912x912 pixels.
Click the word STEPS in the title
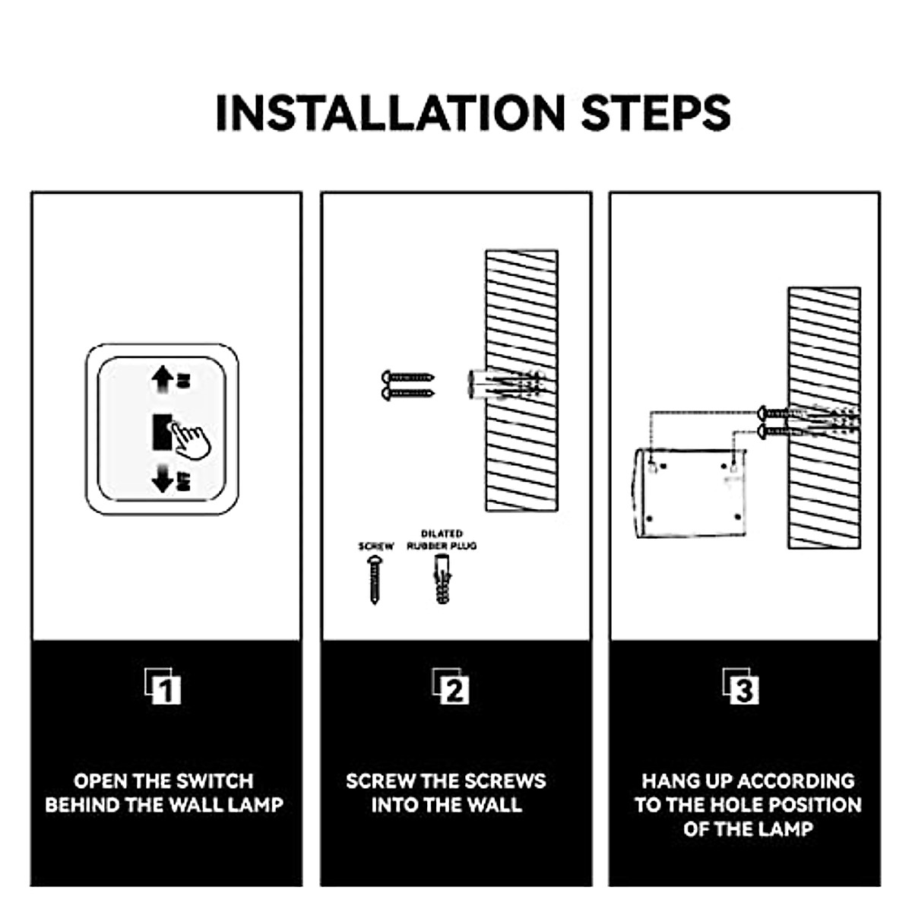point(655,114)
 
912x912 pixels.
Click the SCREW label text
point(376,546)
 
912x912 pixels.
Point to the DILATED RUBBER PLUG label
point(442,540)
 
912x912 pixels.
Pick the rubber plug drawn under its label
point(443,579)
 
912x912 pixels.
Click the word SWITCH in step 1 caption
point(214,781)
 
